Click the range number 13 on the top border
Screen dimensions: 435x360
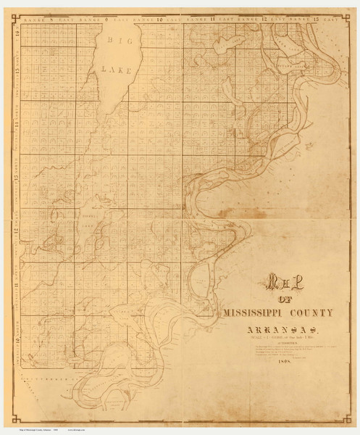coord(315,16)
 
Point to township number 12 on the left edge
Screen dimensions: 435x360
coord(16,233)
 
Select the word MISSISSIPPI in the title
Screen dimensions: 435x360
coord(254,313)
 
